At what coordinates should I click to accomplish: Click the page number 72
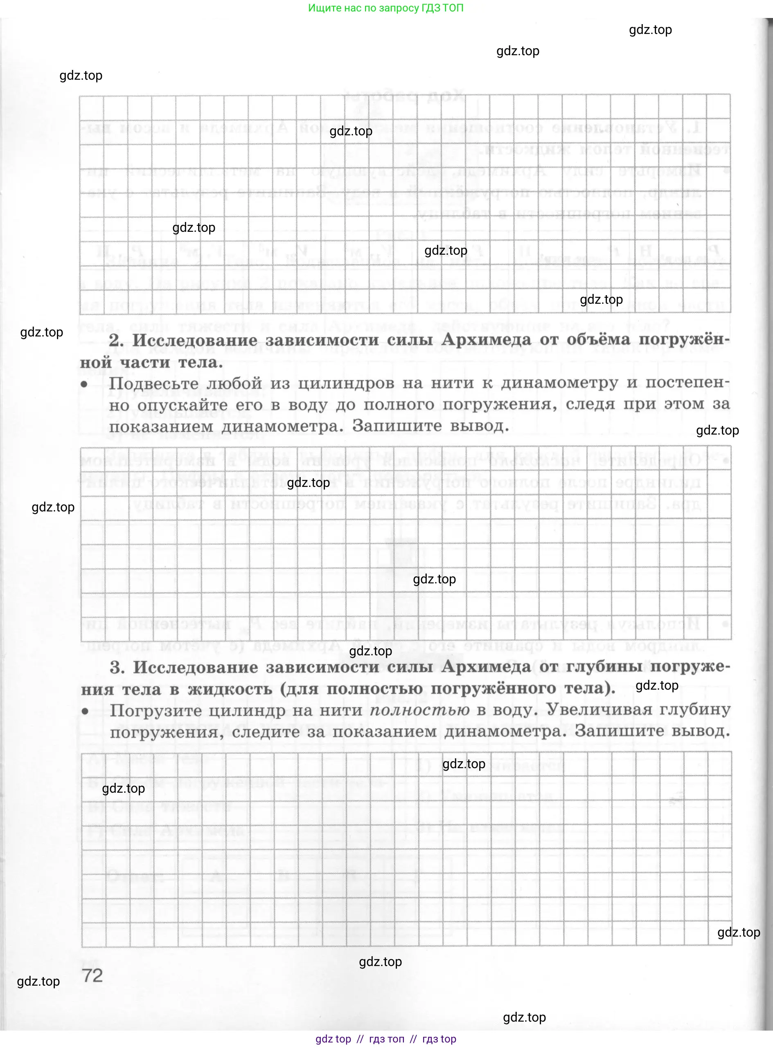[x=92, y=975]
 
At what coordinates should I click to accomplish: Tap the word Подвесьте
[x=154, y=384]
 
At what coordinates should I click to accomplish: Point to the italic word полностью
[x=420, y=710]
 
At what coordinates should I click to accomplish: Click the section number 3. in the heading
[x=117, y=668]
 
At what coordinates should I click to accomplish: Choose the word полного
[x=399, y=404]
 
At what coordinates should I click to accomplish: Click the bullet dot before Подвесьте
[x=85, y=385]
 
